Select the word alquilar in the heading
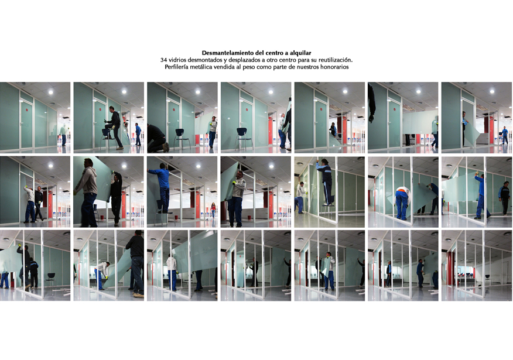[300, 53]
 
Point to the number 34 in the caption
[163, 60]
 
